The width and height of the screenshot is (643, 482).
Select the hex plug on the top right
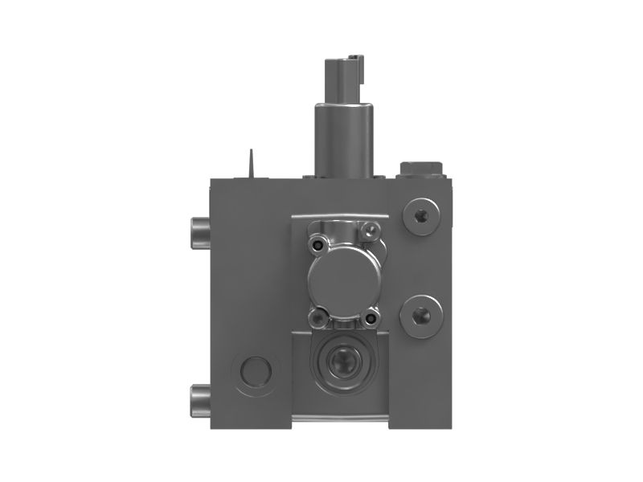point(420,168)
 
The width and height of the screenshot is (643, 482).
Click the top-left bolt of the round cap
point(319,243)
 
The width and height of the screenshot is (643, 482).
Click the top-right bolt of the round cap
point(370,231)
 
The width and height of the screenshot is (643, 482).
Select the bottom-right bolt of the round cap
point(371,319)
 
